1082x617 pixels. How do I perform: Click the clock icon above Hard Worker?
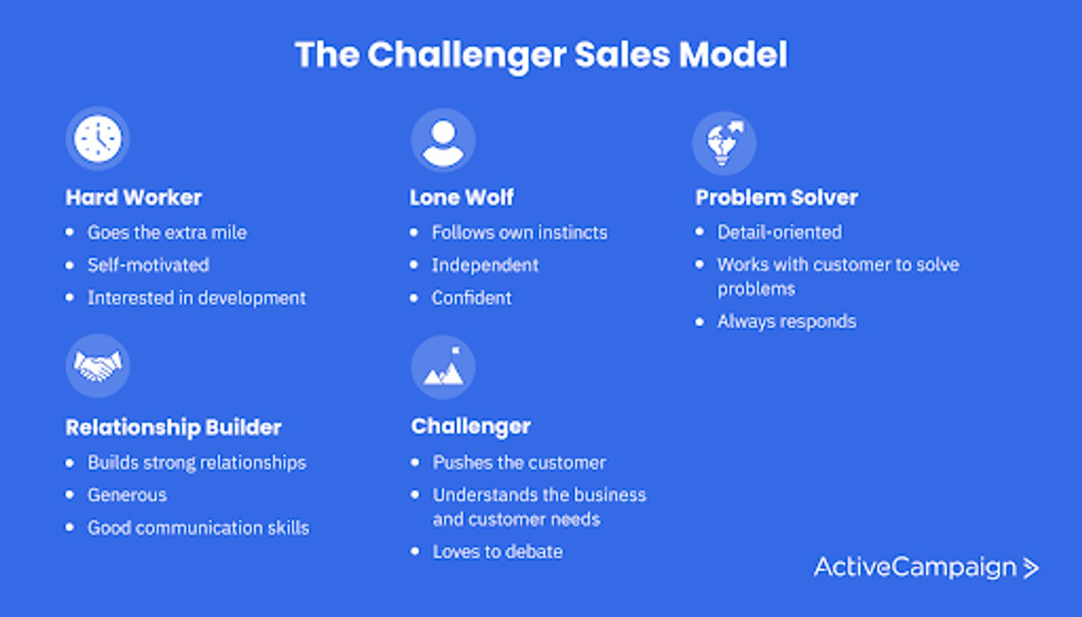point(97,139)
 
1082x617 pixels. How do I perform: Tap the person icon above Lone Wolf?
point(443,140)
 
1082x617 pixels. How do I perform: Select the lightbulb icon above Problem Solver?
point(724,143)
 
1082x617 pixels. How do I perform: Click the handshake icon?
point(97,366)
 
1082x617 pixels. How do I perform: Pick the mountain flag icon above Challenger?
point(443,367)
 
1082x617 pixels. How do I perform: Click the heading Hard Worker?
point(134,198)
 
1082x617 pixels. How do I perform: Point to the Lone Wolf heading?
point(462,198)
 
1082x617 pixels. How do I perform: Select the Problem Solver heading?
point(777,198)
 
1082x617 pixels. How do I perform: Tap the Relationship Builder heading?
point(174,427)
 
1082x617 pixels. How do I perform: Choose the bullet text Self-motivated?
point(148,265)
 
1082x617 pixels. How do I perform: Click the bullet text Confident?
point(472,298)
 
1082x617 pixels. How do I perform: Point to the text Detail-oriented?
point(779,232)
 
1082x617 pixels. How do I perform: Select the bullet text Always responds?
point(787,321)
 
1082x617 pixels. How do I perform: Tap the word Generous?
point(127,495)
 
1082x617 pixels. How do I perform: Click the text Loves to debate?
point(498,552)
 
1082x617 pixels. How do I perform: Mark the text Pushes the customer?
point(519,463)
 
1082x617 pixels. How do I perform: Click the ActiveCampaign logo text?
point(915,567)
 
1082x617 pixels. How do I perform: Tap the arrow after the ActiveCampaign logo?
point(1031,568)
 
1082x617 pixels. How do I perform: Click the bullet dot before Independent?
point(414,265)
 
